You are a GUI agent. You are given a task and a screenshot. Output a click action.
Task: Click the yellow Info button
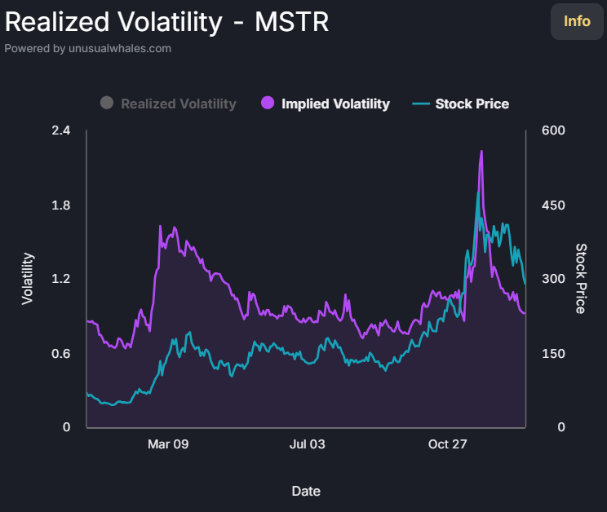(x=577, y=21)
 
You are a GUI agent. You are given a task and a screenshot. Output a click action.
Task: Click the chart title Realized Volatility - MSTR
(x=167, y=22)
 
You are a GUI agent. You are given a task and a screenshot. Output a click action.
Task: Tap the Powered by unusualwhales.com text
(x=88, y=48)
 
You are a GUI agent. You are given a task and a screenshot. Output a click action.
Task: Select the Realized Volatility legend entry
(x=178, y=104)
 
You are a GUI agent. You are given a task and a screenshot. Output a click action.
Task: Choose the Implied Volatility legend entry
(x=335, y=104)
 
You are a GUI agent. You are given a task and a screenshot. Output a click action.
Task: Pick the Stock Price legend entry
(x=472, y=104)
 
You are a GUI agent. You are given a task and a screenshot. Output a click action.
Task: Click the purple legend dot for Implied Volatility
(x=268, y=104)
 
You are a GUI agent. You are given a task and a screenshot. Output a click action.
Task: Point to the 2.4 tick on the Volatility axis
(x=61, y=130)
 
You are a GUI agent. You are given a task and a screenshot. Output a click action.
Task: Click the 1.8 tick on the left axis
(x=61, y=205)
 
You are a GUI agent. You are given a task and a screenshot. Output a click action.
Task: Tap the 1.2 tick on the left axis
(x=61, y=279)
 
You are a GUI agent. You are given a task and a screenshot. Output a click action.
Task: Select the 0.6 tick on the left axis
(x=61, y=353)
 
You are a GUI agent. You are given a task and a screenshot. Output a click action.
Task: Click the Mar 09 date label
(x=168, y=444)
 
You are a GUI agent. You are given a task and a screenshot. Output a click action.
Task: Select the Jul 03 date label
(x=307, y=444)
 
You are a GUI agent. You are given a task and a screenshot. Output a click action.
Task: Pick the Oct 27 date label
(x=447, y=444)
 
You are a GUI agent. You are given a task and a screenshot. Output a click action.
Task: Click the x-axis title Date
(x=306, y=491)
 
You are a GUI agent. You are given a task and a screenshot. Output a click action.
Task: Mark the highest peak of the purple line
(x=481, y=152)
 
